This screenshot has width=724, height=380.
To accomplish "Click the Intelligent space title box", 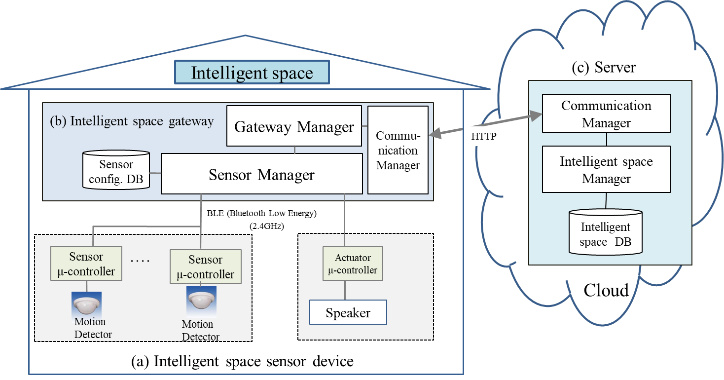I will pos(252,73).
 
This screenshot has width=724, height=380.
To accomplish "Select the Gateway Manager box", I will pos(294,126).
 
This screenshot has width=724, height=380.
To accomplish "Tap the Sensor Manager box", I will pos(261,173).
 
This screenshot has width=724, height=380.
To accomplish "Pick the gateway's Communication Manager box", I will pos(398,150).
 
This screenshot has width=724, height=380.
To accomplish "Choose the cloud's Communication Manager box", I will pos(606,114).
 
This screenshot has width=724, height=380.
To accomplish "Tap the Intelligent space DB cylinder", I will pos(605,232).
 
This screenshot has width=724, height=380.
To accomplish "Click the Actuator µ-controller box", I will pos(352,264).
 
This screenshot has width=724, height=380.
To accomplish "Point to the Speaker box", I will pos(348,312).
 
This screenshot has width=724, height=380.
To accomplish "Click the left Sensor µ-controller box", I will pos(86,264).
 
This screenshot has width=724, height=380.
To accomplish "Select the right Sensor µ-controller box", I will pos(205,266).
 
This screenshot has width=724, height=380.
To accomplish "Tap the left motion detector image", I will pos(86,303).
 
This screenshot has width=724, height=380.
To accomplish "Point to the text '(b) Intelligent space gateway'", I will pos(132,121).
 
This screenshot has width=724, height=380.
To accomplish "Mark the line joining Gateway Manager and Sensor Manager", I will pos(295,150).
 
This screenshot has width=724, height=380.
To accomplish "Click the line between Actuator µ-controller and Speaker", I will pos(345,290).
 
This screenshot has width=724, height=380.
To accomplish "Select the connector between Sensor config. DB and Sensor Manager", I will pos(156,173).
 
